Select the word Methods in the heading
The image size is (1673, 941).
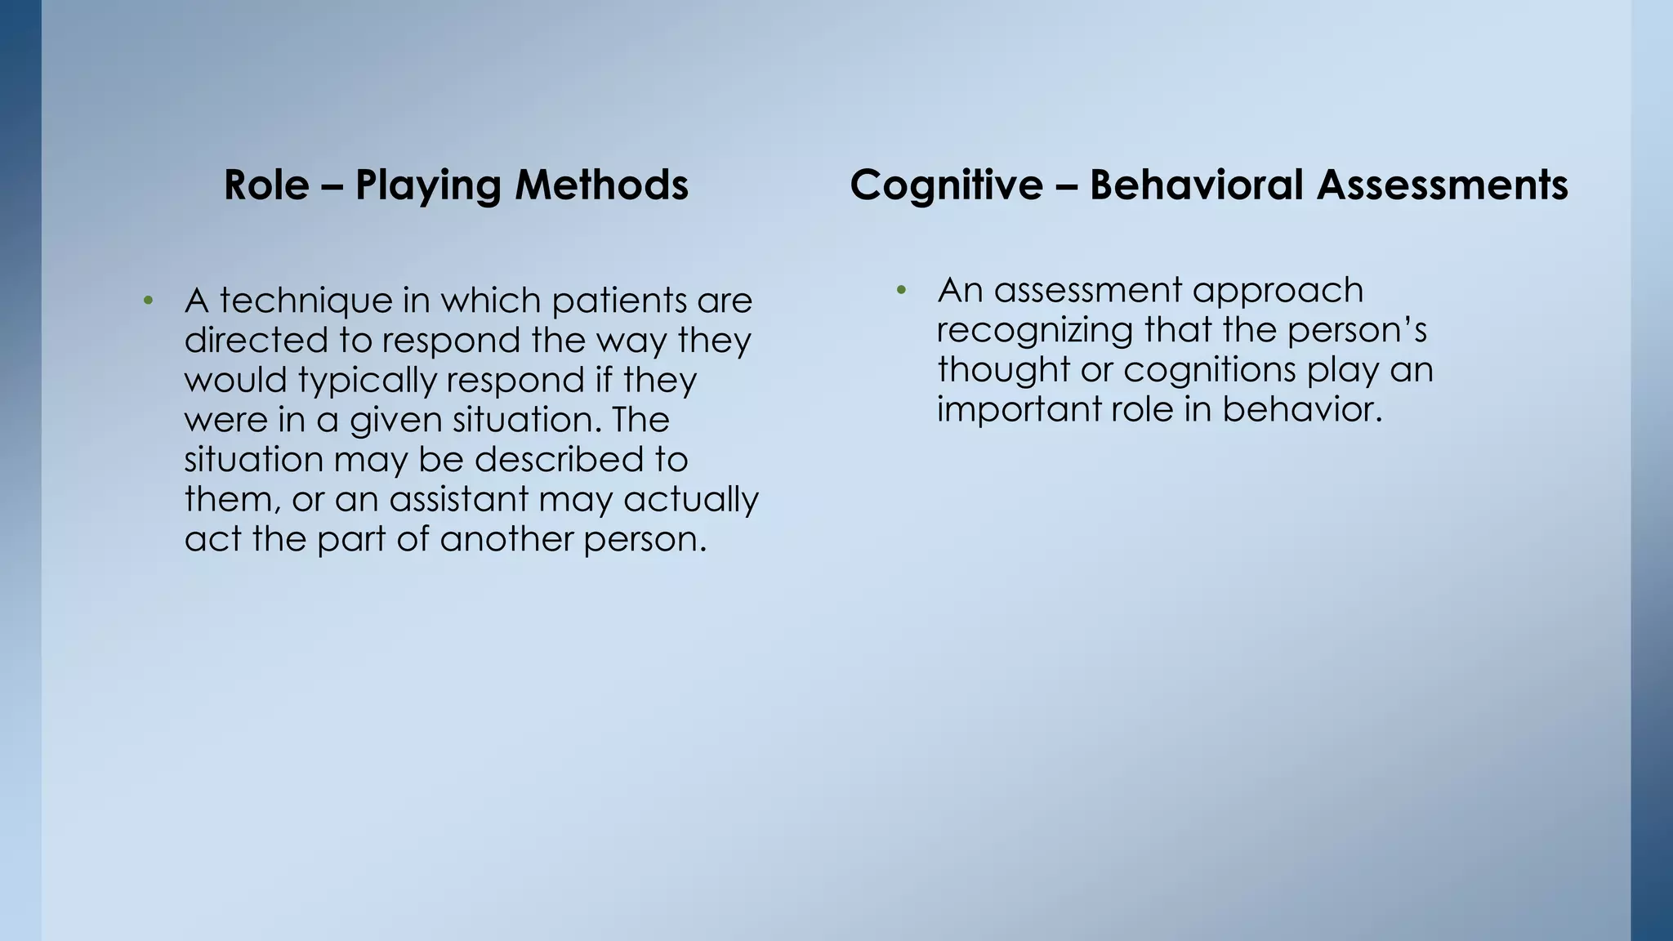pos(601,185)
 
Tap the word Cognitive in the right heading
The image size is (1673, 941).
pos(946,185)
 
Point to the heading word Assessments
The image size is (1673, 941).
pos(1442,185)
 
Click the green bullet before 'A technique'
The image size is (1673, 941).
pos(148,301)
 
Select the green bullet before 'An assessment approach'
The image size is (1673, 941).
pos(901,291)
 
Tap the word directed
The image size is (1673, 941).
pos(256,341)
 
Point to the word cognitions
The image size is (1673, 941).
pos(1210,370)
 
